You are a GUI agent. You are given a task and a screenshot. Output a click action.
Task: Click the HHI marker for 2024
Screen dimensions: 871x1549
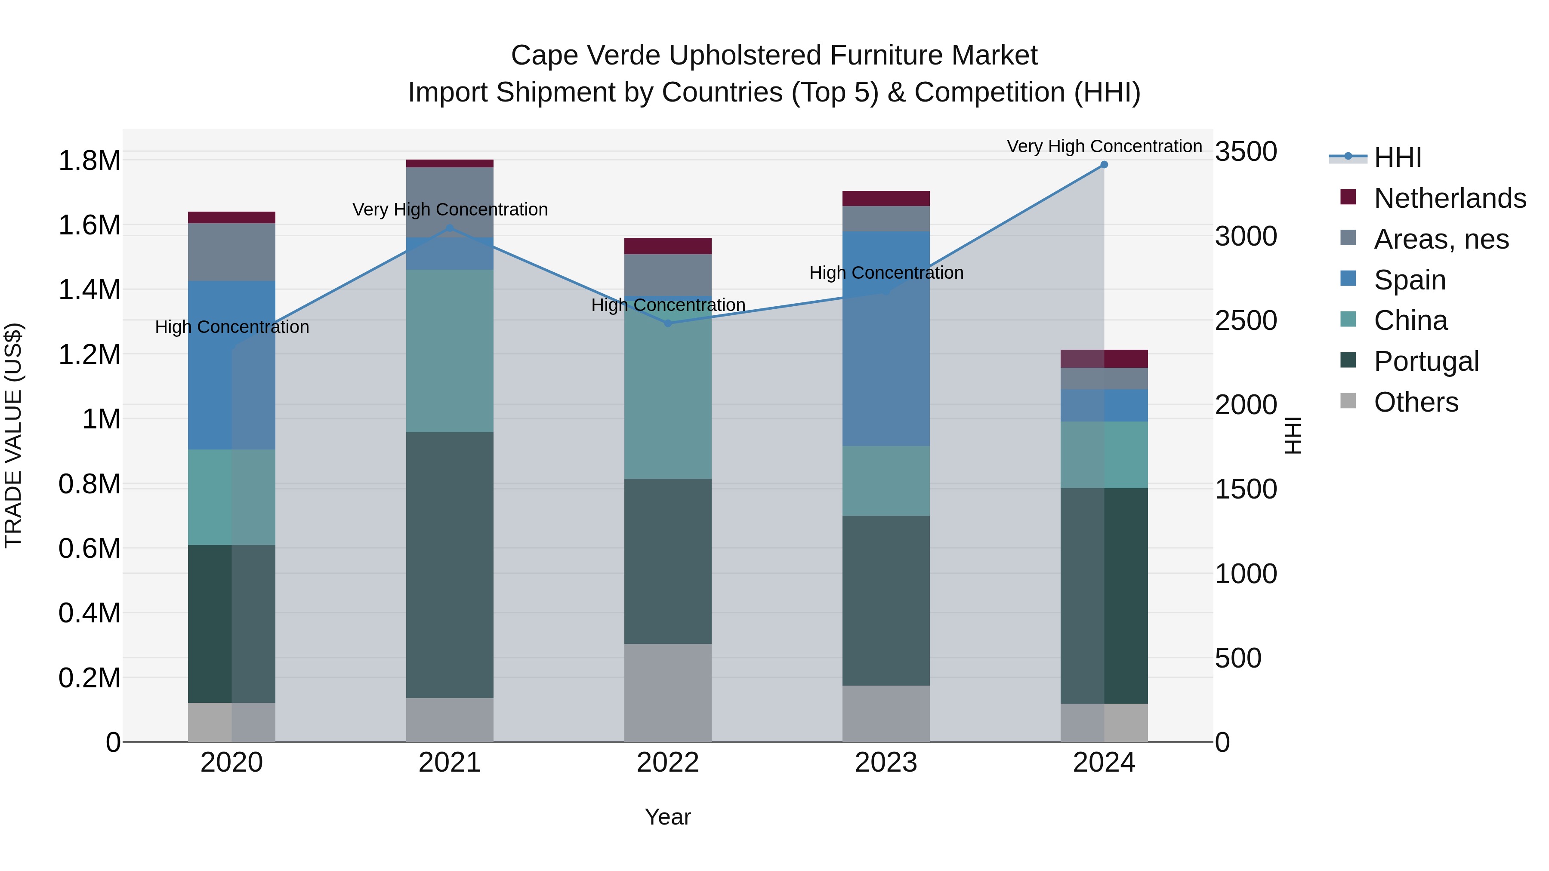coord(1104,164)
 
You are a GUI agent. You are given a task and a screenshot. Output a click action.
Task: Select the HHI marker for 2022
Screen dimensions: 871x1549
coord(667,323)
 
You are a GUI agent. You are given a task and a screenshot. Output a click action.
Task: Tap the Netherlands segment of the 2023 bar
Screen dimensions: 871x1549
coord(886,198)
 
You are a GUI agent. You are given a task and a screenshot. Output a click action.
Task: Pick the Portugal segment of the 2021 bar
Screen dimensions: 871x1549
coord(450,565)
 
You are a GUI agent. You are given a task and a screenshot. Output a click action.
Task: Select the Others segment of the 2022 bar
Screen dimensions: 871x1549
coord(667,692)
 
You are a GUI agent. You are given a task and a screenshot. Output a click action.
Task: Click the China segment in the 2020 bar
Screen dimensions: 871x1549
coord(231,497)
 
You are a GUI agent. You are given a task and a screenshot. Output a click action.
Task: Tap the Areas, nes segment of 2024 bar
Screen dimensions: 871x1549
coord(1104,379)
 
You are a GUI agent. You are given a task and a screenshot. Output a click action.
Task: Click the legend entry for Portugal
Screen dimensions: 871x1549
coord(1426,361)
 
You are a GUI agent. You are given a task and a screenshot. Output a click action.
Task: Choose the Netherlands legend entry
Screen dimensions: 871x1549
coord(1449,198)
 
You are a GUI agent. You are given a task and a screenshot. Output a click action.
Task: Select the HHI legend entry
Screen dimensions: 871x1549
coord(1398,157)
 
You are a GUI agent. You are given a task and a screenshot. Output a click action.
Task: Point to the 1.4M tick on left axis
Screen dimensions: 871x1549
coord(89,290)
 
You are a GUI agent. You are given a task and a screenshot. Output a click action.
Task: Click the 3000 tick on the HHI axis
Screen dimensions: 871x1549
coord(1246,236)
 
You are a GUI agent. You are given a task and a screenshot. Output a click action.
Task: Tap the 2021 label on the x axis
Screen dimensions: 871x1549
coord(450,763)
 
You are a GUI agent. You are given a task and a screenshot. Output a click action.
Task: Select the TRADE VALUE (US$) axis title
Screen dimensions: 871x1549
coord(13,435)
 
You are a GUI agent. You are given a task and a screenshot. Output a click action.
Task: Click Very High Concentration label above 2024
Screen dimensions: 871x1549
coord(1104,146)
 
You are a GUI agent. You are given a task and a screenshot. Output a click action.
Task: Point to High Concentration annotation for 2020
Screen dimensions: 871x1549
coord(232,327)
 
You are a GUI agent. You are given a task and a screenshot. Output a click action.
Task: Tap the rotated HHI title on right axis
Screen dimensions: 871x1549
coord(1293,435)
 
